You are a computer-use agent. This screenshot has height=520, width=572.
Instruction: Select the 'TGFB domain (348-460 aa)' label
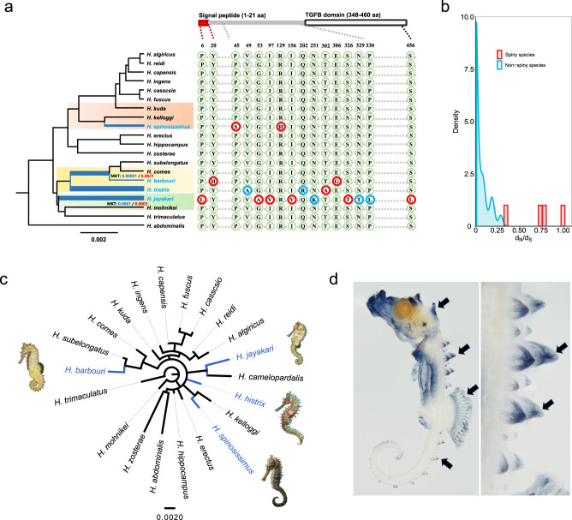(x=350, y=9)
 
